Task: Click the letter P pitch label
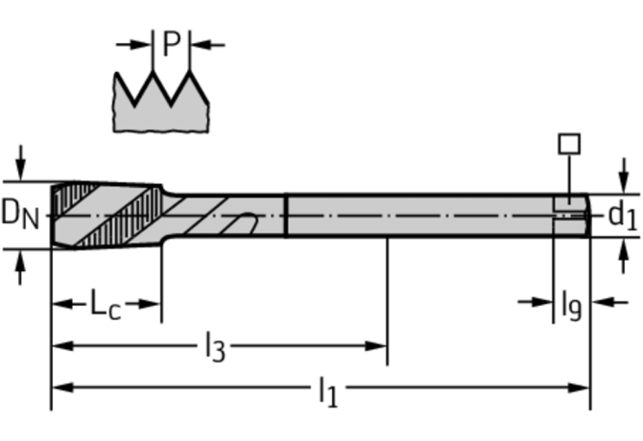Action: (172, 43)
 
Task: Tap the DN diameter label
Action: (20, 214)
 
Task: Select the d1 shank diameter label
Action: (623, 216)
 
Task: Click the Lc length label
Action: (106, 305)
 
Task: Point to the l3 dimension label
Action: (215, 347)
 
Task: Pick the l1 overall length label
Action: (328, 392)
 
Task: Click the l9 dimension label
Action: (572, 305)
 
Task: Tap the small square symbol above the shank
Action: (569, 144)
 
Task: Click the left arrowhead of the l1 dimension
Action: (63, 387)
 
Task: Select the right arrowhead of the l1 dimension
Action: (578, 387)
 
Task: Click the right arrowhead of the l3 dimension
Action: (375, 346)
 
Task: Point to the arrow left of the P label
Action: (134, 45)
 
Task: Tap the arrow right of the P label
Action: (208, 45)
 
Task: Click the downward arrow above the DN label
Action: (20, 163)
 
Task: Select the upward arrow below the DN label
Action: (20, 267)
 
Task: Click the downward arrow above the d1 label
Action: (624, 175)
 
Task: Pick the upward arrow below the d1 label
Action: (624, 256)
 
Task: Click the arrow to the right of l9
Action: (609, 303)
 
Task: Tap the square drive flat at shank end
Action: (569, 204)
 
